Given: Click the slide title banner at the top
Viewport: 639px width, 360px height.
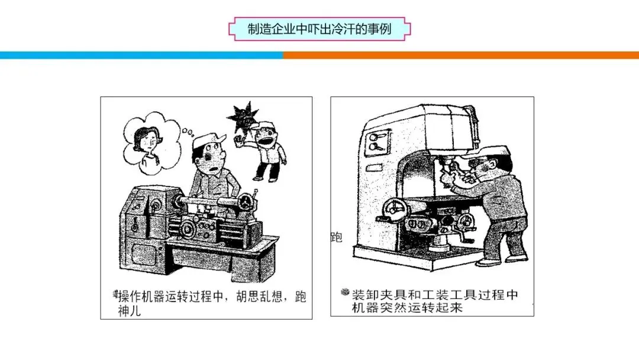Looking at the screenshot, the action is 319,29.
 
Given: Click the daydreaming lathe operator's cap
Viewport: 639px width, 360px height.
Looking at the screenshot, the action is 208,140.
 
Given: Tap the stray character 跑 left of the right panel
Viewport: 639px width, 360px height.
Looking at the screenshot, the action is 336,237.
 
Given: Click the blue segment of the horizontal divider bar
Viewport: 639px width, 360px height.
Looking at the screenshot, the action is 141,56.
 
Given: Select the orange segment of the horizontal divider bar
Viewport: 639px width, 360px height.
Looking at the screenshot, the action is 461,56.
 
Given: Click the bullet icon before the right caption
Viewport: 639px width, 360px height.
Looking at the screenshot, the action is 345,292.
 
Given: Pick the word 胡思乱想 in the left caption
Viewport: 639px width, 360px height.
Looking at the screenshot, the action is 259,297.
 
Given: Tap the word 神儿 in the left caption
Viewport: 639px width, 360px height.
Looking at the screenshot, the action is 129,311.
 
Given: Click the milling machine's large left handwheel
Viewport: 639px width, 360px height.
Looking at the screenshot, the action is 395,209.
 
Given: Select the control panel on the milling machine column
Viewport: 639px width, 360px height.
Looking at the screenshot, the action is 377,143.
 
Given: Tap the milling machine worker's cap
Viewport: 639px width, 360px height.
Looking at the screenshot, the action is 486,153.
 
